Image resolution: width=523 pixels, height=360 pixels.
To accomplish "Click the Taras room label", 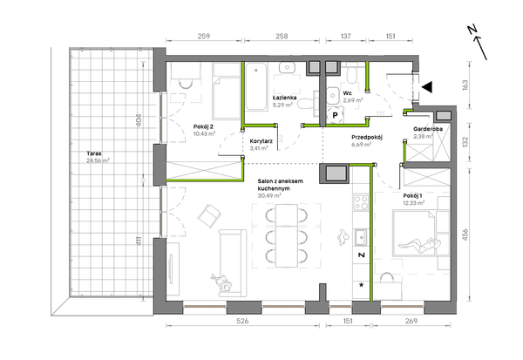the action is pos(94,153).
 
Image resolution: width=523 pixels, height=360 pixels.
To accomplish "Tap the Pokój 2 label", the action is pos(203,126).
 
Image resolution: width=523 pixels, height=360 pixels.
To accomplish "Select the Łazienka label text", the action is pos(284,98).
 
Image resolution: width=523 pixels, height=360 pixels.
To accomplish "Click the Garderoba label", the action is pos(428,129).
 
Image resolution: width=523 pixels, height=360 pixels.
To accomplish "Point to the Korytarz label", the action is pos(261,141).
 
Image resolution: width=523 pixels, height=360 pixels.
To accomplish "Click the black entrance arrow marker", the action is pos(427,87).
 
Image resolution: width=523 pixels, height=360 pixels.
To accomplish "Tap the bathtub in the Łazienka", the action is pos(256,87).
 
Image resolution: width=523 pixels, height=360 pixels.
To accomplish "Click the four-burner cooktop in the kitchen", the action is pos(361,202).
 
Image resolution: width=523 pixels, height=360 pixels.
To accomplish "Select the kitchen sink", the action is pos(361,238).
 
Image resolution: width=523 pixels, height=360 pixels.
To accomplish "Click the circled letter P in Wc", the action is pos(335,115).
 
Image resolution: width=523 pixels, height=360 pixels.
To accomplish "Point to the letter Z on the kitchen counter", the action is pos(361,255).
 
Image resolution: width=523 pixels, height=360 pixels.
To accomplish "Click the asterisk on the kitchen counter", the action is pos(361,285).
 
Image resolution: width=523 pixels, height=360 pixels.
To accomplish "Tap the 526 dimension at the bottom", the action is pos(242,321).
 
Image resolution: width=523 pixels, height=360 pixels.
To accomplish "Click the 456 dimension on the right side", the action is pos(465,234).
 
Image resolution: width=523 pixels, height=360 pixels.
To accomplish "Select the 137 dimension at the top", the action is pos(346,36).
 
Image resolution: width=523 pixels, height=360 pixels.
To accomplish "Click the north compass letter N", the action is pos(472,30).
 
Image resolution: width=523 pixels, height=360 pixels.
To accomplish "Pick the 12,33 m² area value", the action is pos(413,202).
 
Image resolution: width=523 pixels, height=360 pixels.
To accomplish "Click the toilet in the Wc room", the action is pos(351,74).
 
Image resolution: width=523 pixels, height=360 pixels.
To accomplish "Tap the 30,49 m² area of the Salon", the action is pos(268,196).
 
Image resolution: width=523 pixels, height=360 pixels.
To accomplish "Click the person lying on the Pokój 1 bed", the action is pos(419,245).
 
